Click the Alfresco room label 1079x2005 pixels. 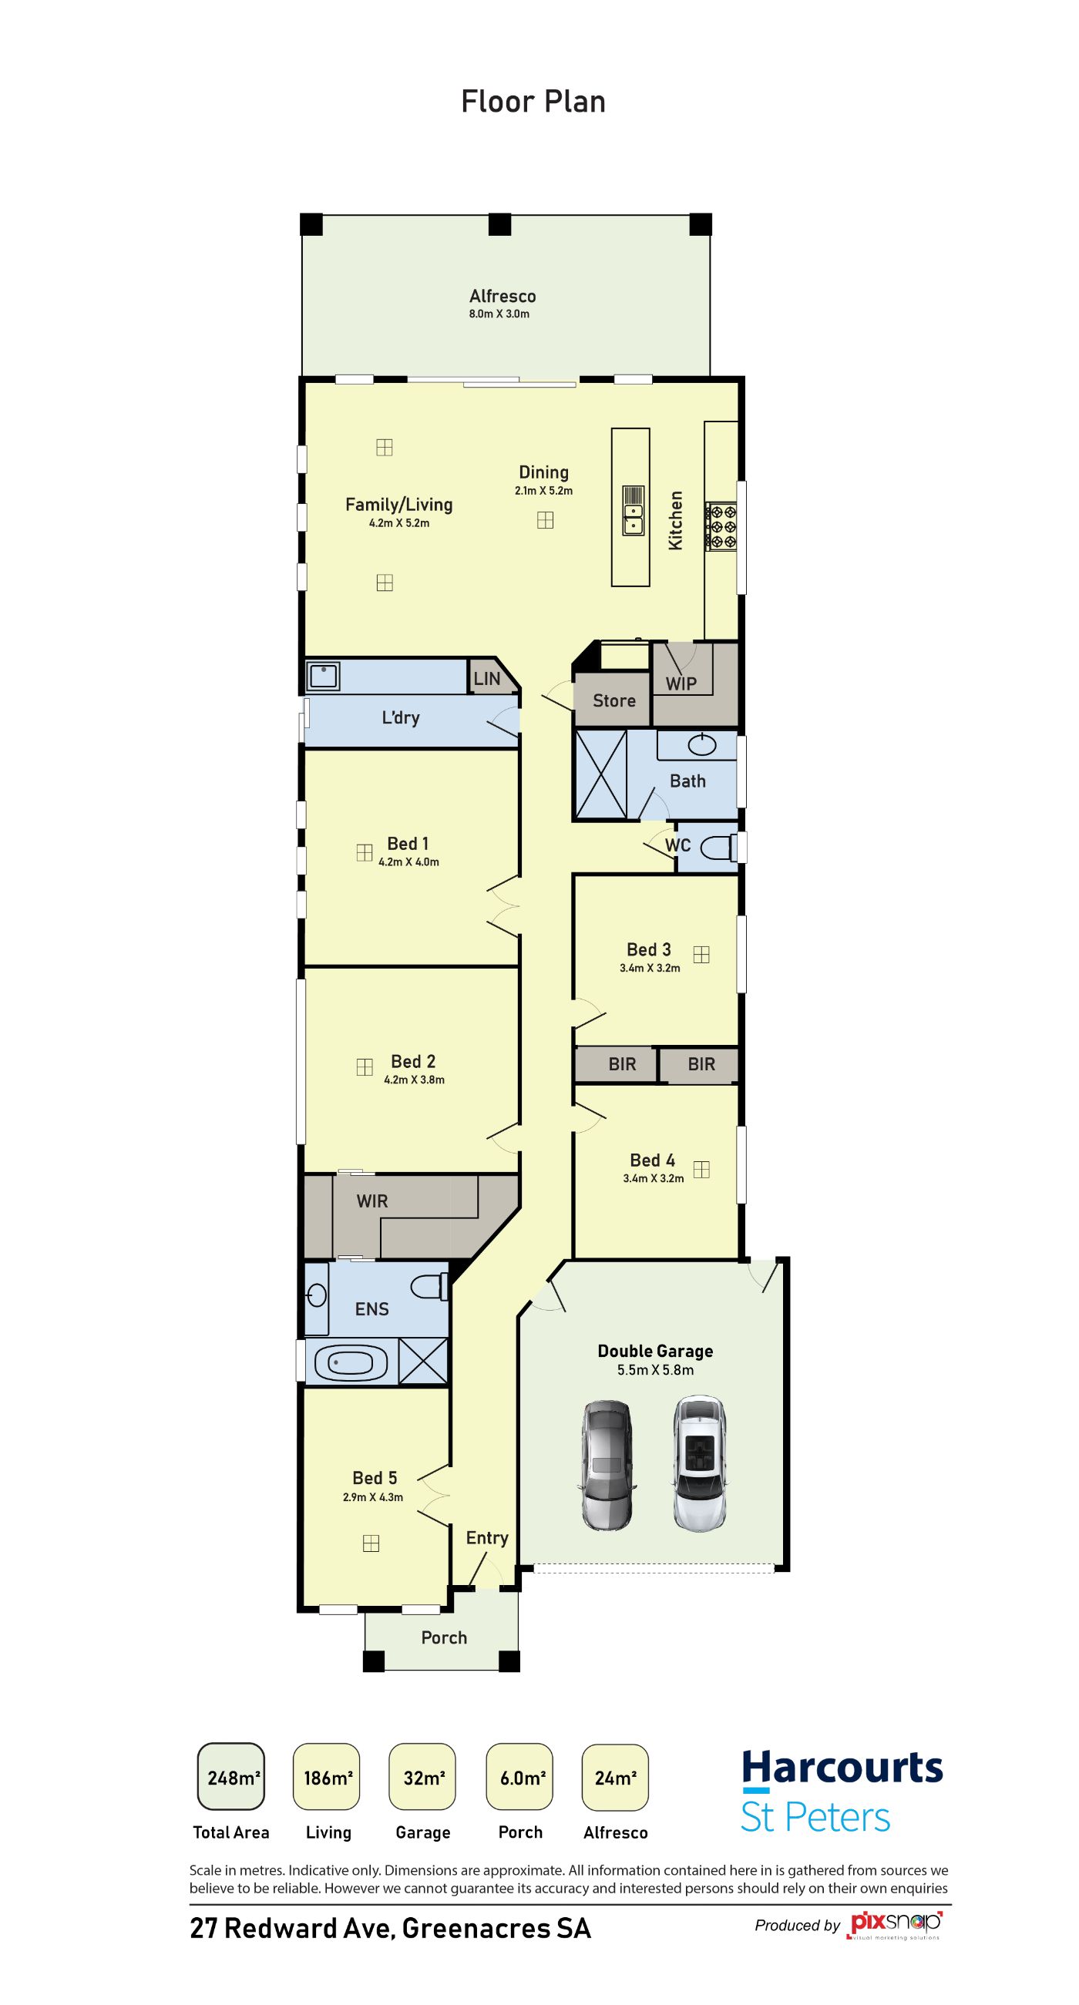coord(503,296)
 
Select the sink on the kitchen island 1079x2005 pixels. coord(633,511)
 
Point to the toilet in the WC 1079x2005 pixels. coord(718,848)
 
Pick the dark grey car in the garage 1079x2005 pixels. coord(607,1466)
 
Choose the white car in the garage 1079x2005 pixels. coord(700,1463)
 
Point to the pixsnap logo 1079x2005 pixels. coord(896,1923)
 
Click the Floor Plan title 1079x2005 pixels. coord(533,102)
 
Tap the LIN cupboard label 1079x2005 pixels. coord(486,679)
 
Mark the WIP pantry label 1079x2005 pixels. coord(681,683)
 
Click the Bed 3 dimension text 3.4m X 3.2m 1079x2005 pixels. coord(650,969)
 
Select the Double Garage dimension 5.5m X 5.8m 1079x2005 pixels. coord(656,1370)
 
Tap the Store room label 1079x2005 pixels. coord(614,700)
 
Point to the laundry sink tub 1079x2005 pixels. coord(323,676)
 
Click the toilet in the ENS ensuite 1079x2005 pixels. coord(429,1287)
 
